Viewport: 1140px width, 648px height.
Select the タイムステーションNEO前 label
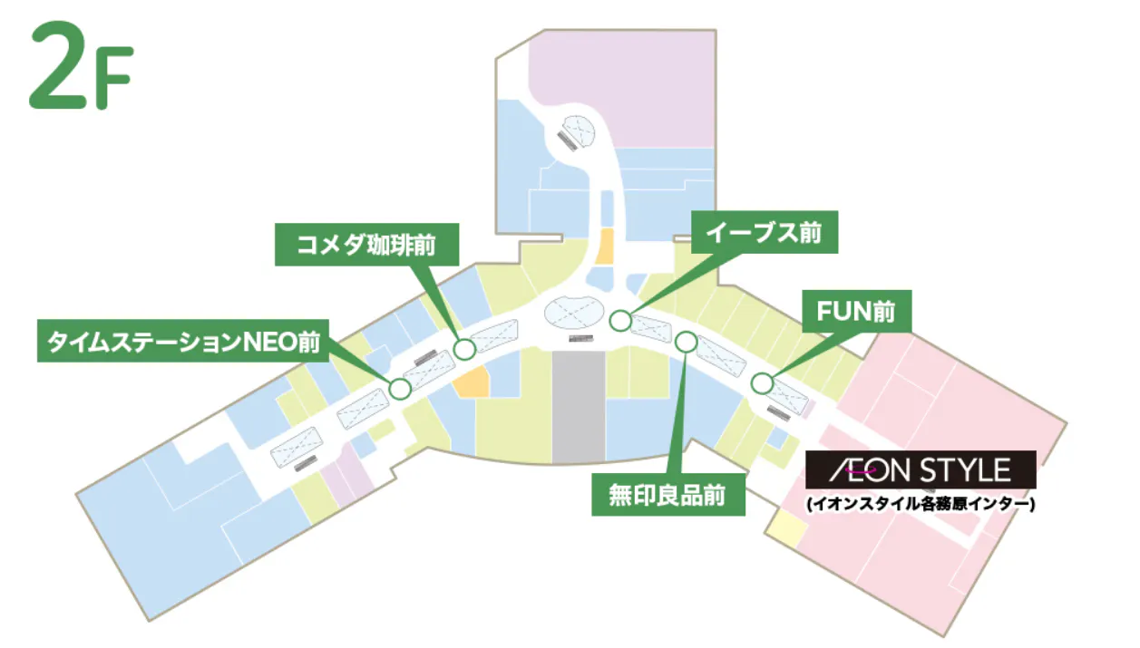[x=181, y=340]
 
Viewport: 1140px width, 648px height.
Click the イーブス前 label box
[x=765, y=233]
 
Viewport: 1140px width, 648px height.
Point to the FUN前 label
[x=857, y=313]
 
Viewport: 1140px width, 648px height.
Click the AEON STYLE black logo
[x=921, y=470]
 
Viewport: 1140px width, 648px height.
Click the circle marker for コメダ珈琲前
[x=464, y=348]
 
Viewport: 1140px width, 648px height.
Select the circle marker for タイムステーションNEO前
[x=400, y=389]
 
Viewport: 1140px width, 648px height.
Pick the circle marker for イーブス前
[x=620, y=320]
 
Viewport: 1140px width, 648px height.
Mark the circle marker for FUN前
[x=762, y=383]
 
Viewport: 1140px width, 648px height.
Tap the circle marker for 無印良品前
[x=687, y=342]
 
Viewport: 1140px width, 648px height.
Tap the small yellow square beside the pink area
[x=785, y=529]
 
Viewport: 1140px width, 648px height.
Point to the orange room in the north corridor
[x=604, y=247]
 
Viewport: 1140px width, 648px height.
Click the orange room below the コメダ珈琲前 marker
[x=472, y=382]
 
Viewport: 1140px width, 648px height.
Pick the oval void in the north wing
[x=575, y=132]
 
